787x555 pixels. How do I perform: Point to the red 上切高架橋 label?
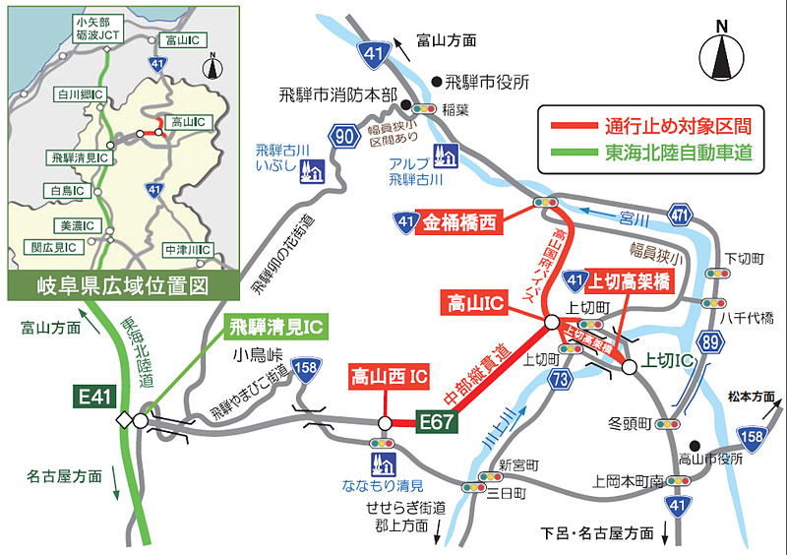coord(628,281)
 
